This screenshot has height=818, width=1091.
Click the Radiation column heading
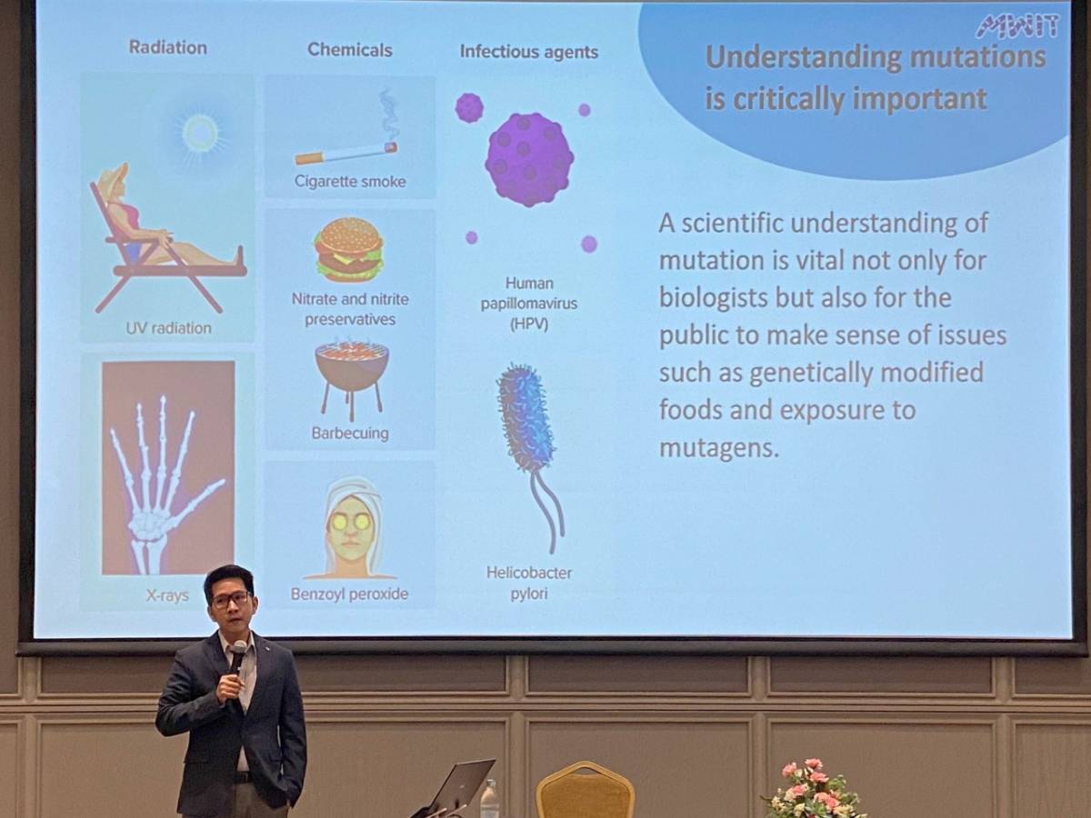point(168,47)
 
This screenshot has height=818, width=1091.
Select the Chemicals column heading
point(350,50)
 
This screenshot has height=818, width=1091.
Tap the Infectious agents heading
point(529,52)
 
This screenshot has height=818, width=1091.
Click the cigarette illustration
point(346,152)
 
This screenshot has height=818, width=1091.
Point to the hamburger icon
point(350,249)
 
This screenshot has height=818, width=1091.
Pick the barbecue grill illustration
point(352,377)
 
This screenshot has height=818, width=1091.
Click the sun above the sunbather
point(200,133)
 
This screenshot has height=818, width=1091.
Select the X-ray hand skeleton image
point(168,468)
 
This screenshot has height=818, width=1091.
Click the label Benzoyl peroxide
point(349,594)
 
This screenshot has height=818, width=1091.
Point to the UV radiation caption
point(168,328)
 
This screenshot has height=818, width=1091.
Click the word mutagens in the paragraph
point(719,448)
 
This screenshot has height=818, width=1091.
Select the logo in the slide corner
point(1017,25)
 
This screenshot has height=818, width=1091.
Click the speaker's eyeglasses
point(230,599)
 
